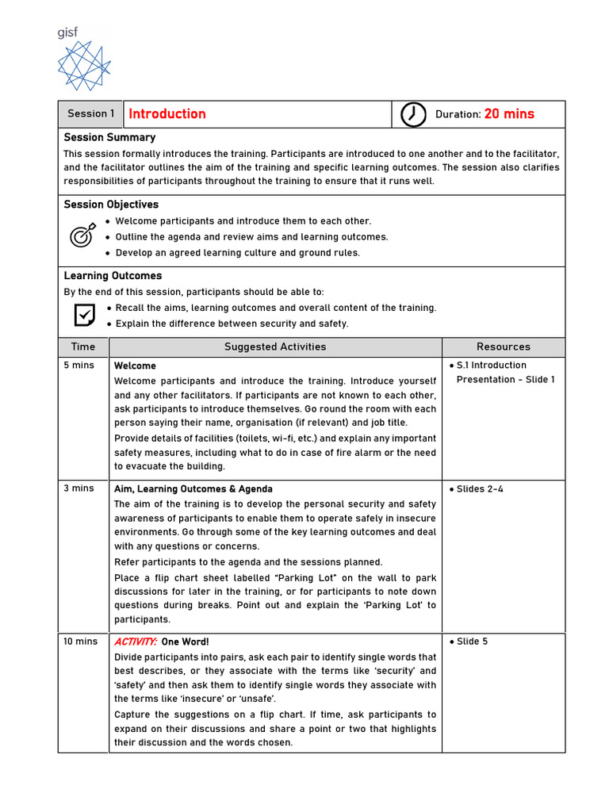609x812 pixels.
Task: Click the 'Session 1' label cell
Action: pos(90,114)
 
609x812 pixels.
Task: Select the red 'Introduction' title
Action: pos(167,114)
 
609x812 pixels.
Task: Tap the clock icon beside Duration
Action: pos(412,114)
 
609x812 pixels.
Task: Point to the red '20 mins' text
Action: pos(509,114)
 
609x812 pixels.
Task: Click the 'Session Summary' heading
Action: pos(109,137)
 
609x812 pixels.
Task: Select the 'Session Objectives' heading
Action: pos(111,205)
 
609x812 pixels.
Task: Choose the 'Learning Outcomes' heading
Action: pos(113,276)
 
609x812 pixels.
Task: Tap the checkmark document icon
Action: pos(83,315)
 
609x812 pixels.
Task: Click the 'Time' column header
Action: pos(83,347)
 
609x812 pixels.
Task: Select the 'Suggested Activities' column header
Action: pos(275,347)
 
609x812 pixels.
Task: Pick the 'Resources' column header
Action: pos(504,347)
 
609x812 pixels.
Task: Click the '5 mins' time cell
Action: pos(78,366)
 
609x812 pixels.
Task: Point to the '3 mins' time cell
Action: pos(78,488)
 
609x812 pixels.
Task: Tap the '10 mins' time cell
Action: pos(80,642)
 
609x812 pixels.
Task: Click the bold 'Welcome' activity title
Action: pos(135,366)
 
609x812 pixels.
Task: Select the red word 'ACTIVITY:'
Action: pos(136,642)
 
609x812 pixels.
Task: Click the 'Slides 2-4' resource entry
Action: pos(480,489)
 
